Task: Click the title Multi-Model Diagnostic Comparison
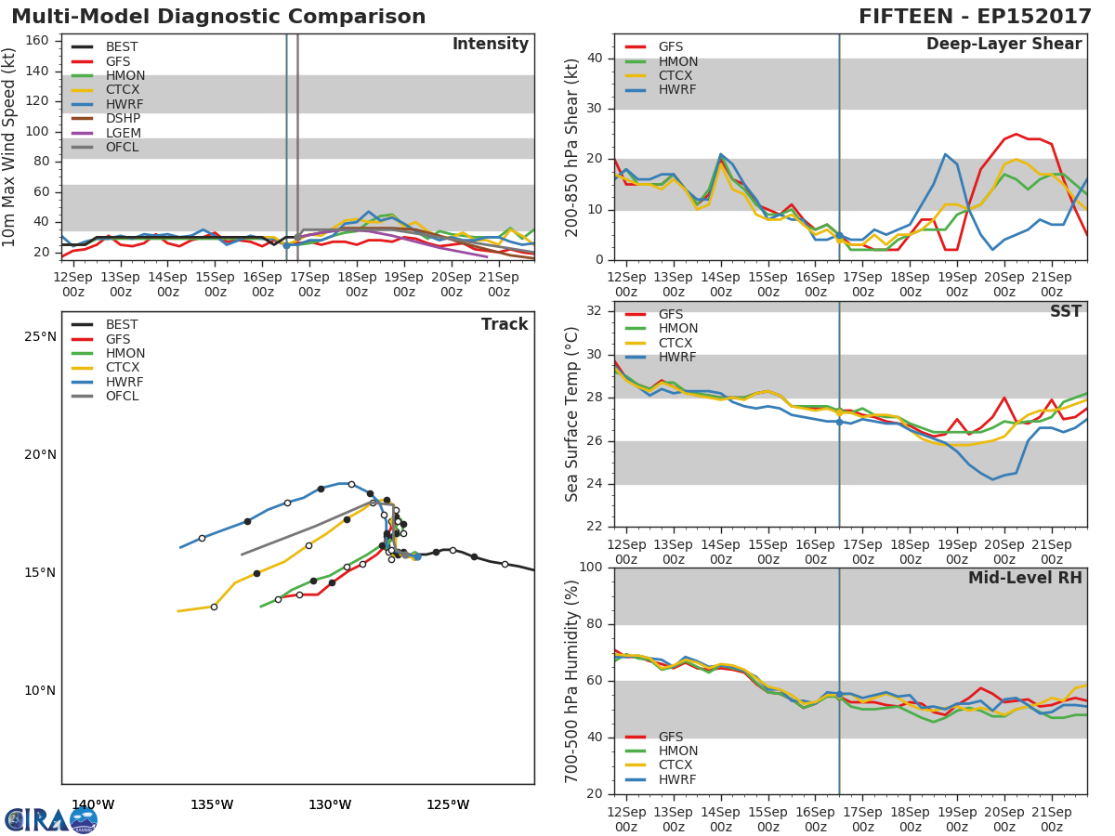(218, 17)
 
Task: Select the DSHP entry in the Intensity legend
(123, 119)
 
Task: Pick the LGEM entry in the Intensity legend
(123, 133)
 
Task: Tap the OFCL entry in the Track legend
(122, 397)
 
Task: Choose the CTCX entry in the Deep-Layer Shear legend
(676, 76)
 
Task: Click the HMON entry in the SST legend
(677, 329)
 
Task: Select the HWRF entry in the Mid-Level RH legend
(676, 779)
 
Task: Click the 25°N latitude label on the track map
(39, 336)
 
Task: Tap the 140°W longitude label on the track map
(93, 804)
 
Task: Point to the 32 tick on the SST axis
(596, 311)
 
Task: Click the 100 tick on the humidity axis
(591, 568)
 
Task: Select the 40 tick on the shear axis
(596, 59)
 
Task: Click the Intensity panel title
(490, 45)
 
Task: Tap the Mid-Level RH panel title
(1025, 578)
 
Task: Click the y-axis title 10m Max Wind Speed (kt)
(10, 149)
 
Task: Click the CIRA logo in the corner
(51, 820)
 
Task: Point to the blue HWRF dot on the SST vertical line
(839, 422)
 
